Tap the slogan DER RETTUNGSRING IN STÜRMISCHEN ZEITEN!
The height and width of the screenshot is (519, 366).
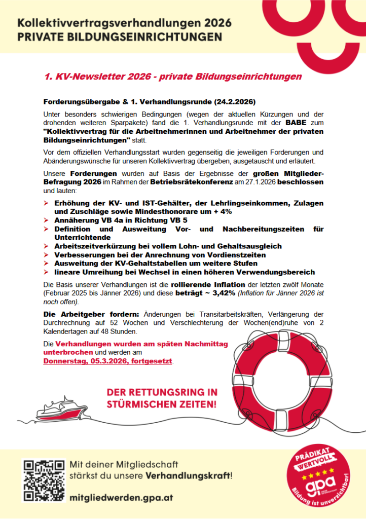[162, 398]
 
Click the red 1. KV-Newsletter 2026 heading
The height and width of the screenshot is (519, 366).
[173, 77]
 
